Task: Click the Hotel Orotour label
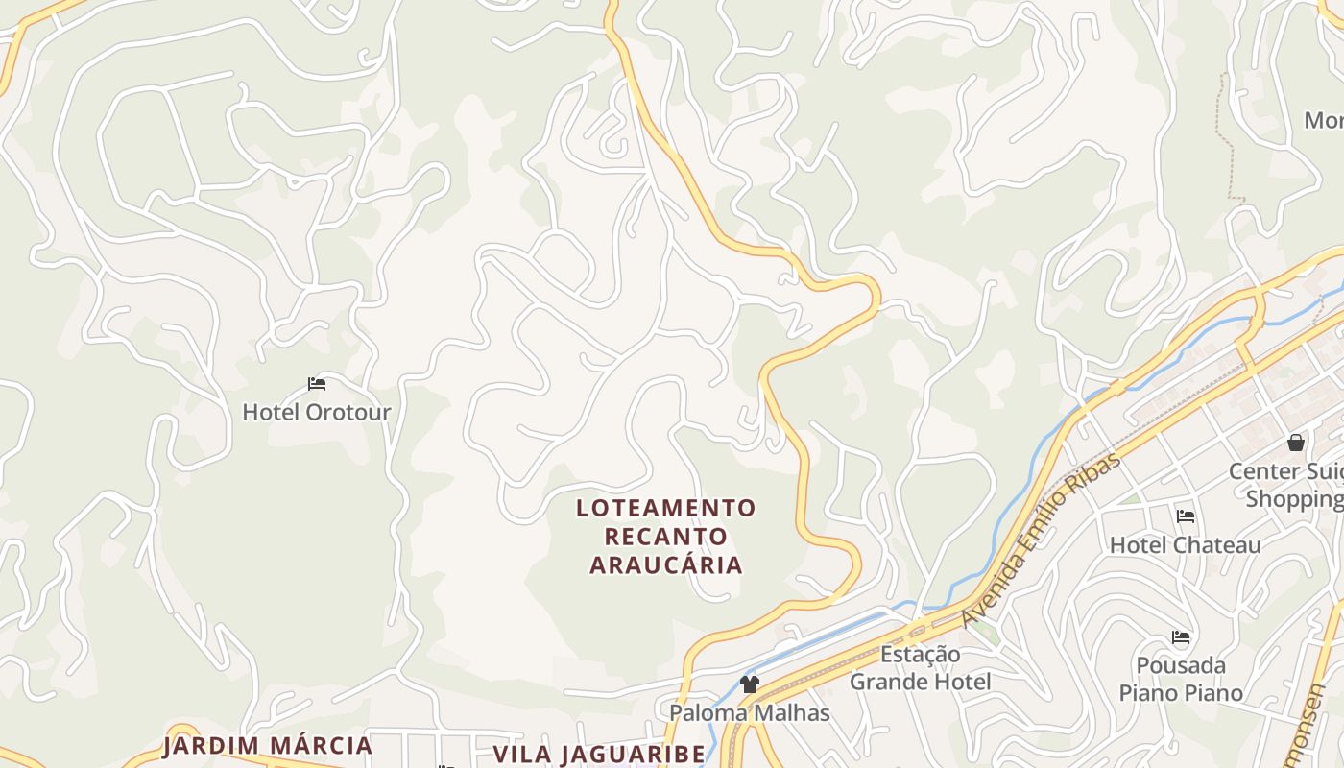pyautogui.click(x=317, y=413)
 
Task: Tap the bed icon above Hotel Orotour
pyautogui.click(x=317, y=384)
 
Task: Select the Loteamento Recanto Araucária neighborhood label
pyautogui.click(x=666, y=536)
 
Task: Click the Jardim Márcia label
pyautogui.click(x=267, y=746)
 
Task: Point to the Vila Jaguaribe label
pyautogui.click(x=600, y=754)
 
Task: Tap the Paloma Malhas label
pyautogui.click(x=750, y=713)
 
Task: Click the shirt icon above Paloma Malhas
pyautogui.click(x=750, y=684)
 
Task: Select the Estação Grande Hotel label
pyautogui.click(x=920, y=668)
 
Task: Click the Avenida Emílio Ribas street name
pyautogui.click(x=1041, y=540)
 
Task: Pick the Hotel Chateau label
pyautogui.click(x=1186, y=545)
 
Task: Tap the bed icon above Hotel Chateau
pyautogui.click(x=1186, y=516)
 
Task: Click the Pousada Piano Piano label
pyautogui.click(x=1181, y=679)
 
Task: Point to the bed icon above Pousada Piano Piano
pyautogui.click(x=1181, y=637)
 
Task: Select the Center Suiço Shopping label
pyautogui.click(x=1286, y=486)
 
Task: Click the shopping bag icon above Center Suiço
pyautogui.click(x=1296, y=443)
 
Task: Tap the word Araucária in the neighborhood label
pyautogui.click(x=666, y=564)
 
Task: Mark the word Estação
pyautogui.click(x=920, y=655)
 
